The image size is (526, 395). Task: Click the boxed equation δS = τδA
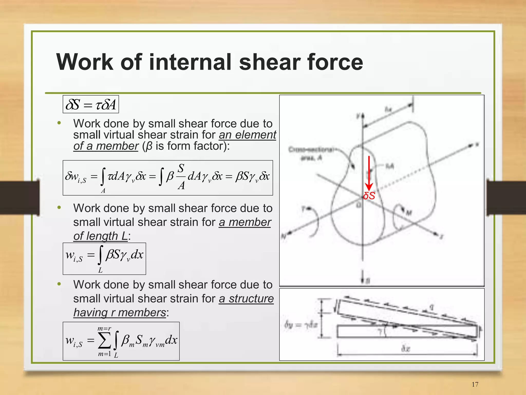pos(91,104)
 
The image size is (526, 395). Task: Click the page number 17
pos(475,384)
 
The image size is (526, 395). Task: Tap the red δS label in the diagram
pos(369,196)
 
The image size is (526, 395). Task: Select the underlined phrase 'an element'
pos(247,135)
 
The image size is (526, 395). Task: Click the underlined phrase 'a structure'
pos(246,299)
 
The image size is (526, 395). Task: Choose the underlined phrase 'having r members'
pos(120,313)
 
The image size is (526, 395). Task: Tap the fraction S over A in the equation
pos(181,176)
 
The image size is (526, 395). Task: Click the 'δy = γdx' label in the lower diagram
pos(301,325)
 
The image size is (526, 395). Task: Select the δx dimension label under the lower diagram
pos(406,348)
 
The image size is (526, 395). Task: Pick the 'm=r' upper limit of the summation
pos(104,328)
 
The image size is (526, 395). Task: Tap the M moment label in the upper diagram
pos(409,213)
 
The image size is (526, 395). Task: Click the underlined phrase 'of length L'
pos(100,236)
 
